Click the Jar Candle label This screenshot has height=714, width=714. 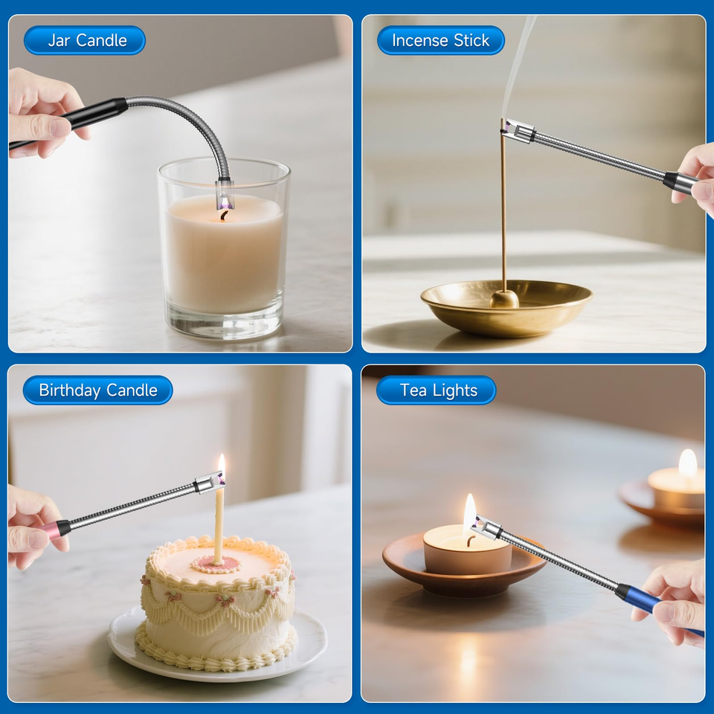coord(85,40)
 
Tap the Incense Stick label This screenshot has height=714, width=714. coord(440,40)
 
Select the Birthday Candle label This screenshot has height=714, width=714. coord(98,390)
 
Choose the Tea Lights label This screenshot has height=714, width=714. coord(436,390)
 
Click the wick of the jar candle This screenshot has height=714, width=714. coord(224,215)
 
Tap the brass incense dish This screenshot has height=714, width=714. coord(506,308)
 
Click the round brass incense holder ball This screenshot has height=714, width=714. coord(504,299)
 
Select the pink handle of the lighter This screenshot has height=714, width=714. coord(52,530)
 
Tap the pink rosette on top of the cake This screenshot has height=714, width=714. coord(217,565)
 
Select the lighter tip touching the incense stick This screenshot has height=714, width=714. coord(518,131)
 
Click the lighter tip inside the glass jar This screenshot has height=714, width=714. coord(224,192)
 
